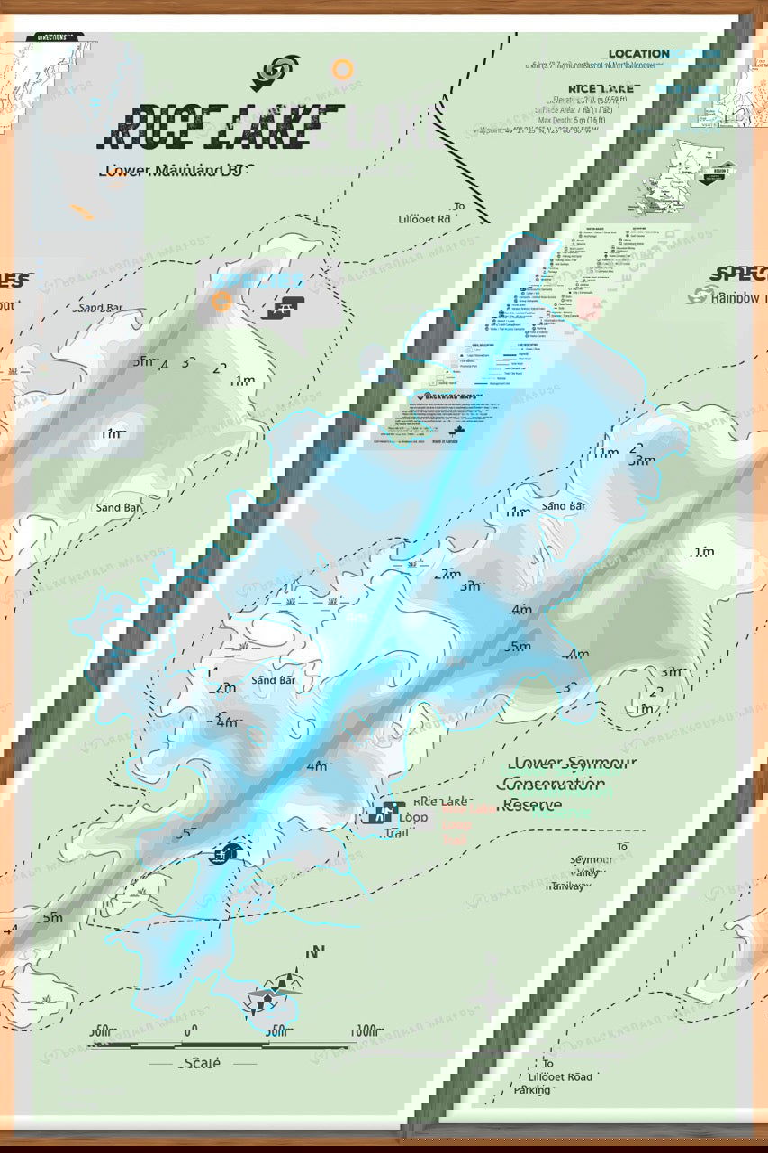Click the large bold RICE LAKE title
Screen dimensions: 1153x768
click(x=225, y=126)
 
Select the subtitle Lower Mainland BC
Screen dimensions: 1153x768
click(x=178, y=169)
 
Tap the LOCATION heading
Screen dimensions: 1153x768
click(x=638, y=54)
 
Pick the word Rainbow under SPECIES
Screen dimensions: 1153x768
click(x=736, y=297)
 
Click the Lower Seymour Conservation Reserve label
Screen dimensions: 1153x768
click(x=568, y=784)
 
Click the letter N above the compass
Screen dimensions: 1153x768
click(x=315, y=952)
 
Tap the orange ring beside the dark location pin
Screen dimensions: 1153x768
click(x=342, y=69)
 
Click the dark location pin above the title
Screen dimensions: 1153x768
click(x=285, y=72)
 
